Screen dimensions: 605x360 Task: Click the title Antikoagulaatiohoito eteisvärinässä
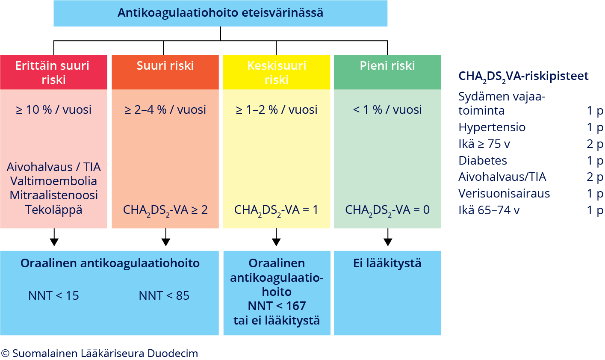220,13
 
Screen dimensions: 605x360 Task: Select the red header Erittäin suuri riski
53,72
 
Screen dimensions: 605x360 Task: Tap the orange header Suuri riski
165,72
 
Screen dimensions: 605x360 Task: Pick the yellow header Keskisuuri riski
277,72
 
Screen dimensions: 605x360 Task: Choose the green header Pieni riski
387,72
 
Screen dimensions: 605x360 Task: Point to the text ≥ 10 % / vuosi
53,109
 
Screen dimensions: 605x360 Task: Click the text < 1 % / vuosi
387,109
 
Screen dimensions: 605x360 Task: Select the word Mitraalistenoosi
53,195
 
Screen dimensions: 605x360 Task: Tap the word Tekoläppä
53,210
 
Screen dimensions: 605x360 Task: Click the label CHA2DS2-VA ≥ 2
165,210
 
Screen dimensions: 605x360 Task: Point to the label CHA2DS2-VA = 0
387,210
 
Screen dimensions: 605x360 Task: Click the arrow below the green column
388,237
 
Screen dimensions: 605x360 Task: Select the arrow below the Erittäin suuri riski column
54,237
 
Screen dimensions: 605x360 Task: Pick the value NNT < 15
53,296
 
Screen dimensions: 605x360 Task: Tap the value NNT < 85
164,296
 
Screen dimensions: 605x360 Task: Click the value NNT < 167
277,306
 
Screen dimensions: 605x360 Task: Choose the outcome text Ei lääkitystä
387,263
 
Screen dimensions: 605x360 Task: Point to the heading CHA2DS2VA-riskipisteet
523,77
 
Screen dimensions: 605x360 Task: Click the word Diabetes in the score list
483,160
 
